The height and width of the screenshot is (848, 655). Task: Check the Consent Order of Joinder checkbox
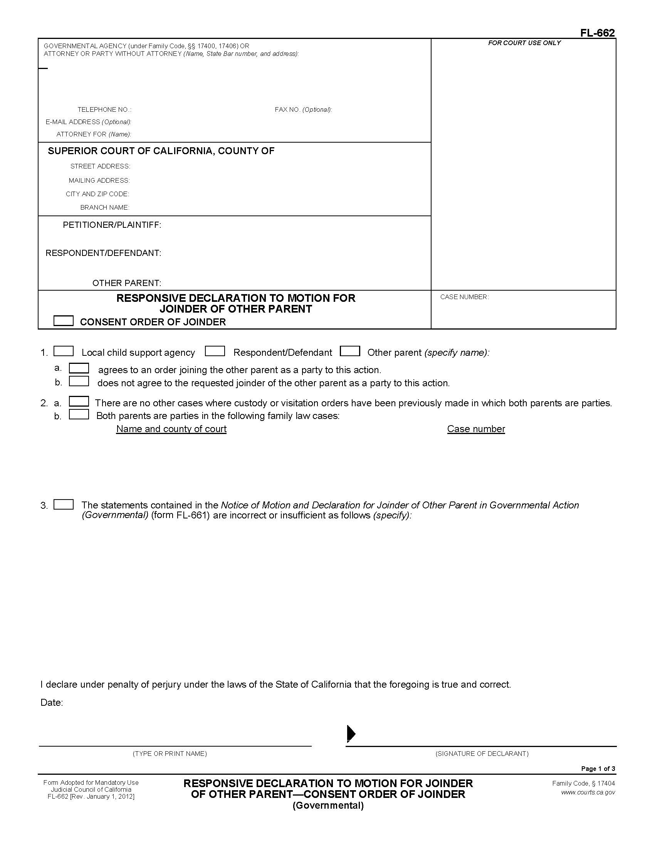pos(63,321)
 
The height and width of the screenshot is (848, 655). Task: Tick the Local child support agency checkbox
pos(63,351)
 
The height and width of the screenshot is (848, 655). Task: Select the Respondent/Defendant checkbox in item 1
pos(215,351)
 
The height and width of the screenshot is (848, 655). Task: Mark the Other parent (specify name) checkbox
pos(349,351)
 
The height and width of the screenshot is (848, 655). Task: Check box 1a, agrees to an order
pos(79,368)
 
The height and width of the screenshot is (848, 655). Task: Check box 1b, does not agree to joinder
pos(79,381)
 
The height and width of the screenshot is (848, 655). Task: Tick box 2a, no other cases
pos(79,401)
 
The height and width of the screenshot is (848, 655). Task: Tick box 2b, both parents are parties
pos(79,414)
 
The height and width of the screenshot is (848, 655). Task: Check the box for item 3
pos(63,505)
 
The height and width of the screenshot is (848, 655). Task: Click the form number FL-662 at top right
pos(597,33)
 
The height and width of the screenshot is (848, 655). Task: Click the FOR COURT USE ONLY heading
pos(524,43)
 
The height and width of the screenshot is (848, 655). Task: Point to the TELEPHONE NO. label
pos(104,109)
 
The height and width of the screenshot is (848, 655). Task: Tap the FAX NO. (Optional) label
pos(303,109)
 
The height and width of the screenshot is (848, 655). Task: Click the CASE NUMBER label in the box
pos(464,297)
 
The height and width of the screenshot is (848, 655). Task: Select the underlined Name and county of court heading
pos(171,429)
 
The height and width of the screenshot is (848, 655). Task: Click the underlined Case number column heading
pos(476,429)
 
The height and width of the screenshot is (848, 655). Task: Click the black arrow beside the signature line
pos(351,734)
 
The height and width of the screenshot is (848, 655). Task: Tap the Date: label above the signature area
pos(52,702)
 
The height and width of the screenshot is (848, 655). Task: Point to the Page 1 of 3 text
pos(598,769)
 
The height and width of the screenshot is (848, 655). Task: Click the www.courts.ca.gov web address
pos(588,792)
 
